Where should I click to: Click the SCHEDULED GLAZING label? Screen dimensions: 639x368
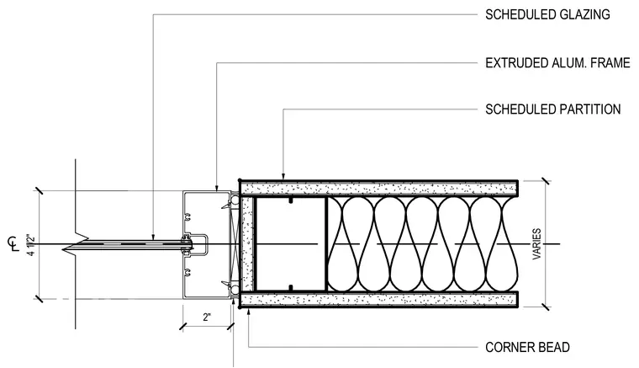[547, 14]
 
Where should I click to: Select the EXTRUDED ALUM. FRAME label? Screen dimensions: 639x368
[557, 63]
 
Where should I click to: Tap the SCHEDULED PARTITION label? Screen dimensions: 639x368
[553, 109]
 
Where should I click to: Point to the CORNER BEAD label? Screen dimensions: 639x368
[527, 347]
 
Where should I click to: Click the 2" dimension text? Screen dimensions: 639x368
[207, 317]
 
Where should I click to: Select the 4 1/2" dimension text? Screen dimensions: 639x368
[31, 245]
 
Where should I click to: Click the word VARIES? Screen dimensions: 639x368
[536, 244]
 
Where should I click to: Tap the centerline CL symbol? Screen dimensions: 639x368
[13, 243]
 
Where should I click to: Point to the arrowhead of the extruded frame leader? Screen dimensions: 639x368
[216, 188]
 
